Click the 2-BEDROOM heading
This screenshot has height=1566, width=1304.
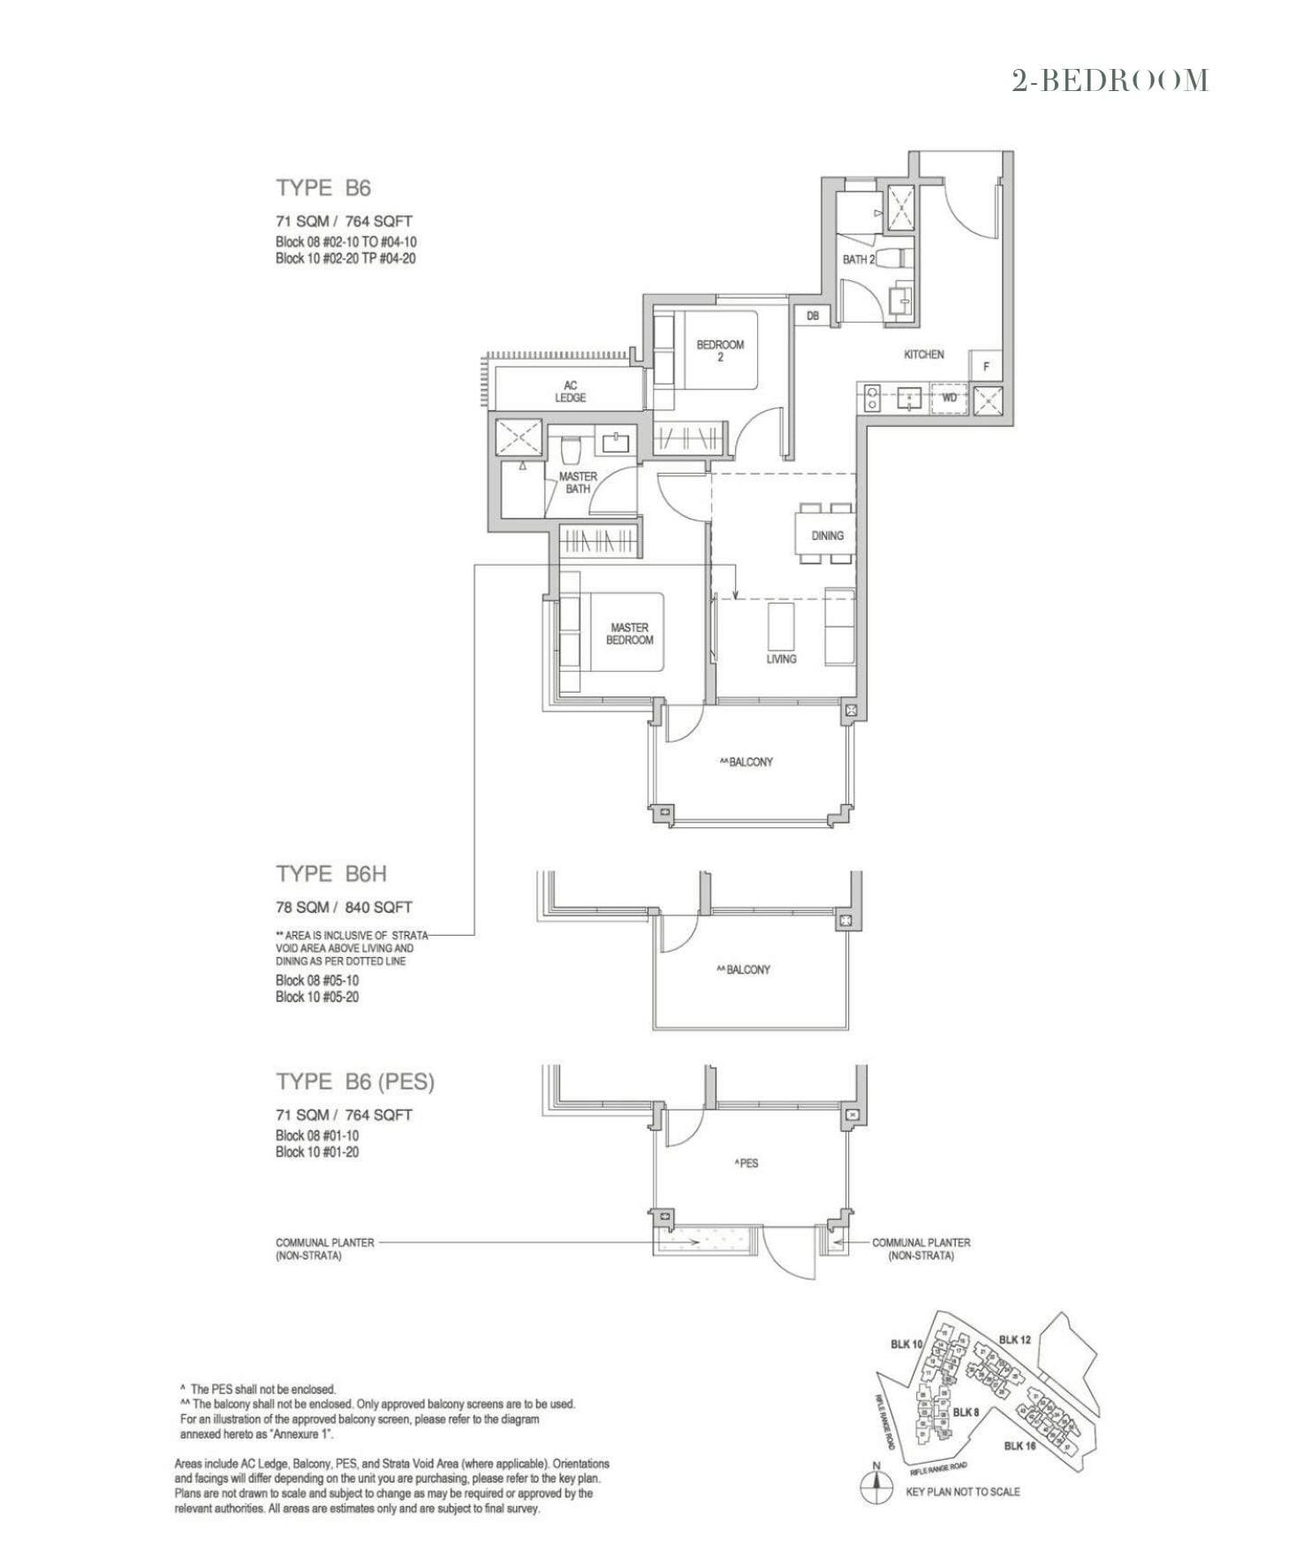pos(1110,81)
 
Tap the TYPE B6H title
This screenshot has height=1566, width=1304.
pos(331,874)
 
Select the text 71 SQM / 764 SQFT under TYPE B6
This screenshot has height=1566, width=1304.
pos(344,221)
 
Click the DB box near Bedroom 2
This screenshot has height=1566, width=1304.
pos(813,315)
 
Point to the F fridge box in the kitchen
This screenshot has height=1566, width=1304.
pos(986,365)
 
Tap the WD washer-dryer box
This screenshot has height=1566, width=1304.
pos(950,399)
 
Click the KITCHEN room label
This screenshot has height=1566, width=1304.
pos(923,354)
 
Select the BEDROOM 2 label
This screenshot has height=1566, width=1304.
pos(720,351)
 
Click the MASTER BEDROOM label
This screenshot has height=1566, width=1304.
pos(629,634)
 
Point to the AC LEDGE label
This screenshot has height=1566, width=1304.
pos(570,391)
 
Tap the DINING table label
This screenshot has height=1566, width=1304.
pos(827,536)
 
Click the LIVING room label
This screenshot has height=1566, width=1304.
pos(781,658)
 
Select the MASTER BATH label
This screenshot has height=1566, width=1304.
pos(578,483)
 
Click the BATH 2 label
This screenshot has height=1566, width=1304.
pos(857,260)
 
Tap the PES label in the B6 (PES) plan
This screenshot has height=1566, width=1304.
pos(747,1163)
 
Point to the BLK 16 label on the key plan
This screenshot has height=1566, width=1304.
pos(1020,1446)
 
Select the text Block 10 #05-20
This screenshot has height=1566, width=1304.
pos(317,997)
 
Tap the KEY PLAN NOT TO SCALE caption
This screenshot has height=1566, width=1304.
pos(962,1491)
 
